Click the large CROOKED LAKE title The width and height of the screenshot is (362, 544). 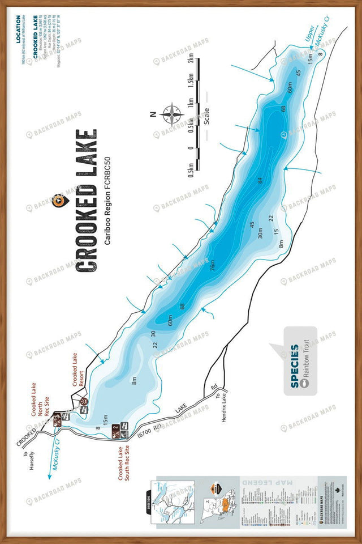point(85,199)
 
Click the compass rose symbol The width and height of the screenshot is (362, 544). point(171,113)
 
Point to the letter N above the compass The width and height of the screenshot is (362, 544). point(153,113)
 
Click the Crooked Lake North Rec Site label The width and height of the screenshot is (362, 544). point(40,399)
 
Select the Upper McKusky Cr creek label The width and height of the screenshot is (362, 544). point(313,36)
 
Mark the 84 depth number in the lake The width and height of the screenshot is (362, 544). point(260,181)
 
